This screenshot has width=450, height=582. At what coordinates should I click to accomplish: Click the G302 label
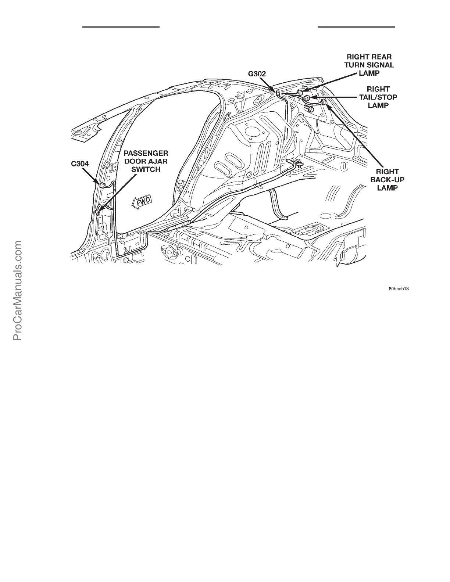257,74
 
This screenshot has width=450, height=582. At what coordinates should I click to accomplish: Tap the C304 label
80,164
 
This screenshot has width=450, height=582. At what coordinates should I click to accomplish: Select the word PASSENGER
146,153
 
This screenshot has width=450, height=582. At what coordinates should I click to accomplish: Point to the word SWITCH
146,169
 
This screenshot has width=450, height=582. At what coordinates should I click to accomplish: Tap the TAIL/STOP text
378,97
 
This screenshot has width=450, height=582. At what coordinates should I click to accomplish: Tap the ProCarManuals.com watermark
18,290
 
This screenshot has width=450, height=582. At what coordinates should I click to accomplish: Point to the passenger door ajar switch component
98,211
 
